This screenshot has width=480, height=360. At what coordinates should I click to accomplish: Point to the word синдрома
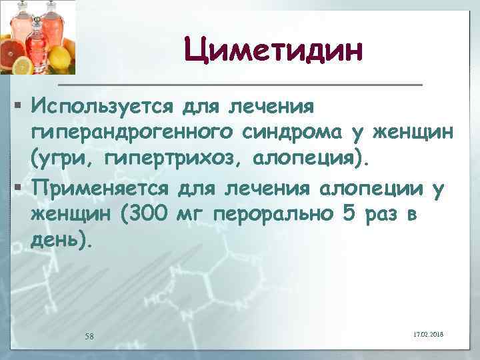click(x=290, y=133)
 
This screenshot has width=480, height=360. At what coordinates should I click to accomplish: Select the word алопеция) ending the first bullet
click(x=312, y=161)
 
